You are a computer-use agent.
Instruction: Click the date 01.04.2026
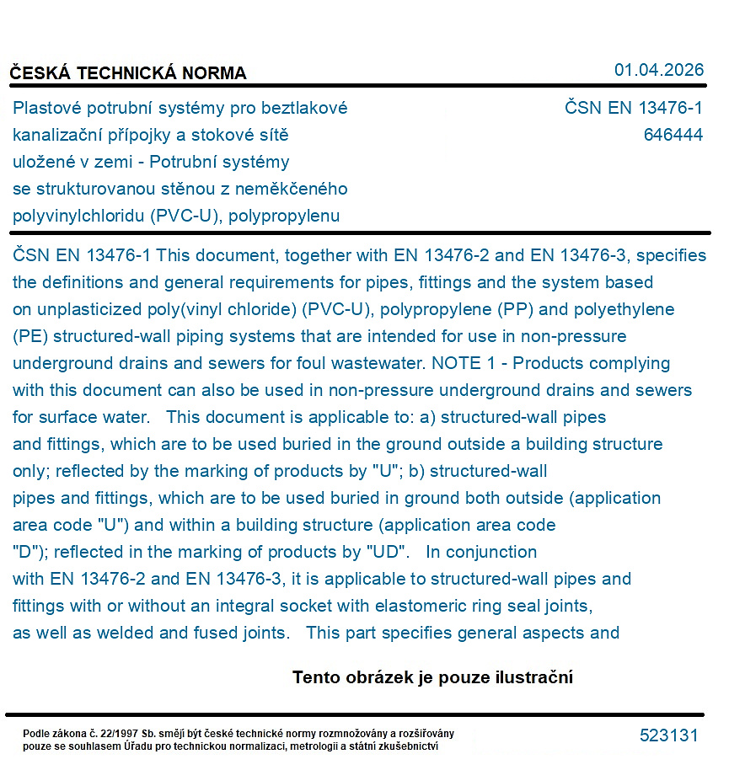[x=659, y=70]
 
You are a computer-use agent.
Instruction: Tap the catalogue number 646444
[x=673, y=135]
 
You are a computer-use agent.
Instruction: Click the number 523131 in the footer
[x=669, y=735]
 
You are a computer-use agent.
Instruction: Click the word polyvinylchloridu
[x=79, y=216]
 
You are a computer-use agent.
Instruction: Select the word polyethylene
[x=624, y=309]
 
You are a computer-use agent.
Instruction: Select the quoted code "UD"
[x=387, y=552]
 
